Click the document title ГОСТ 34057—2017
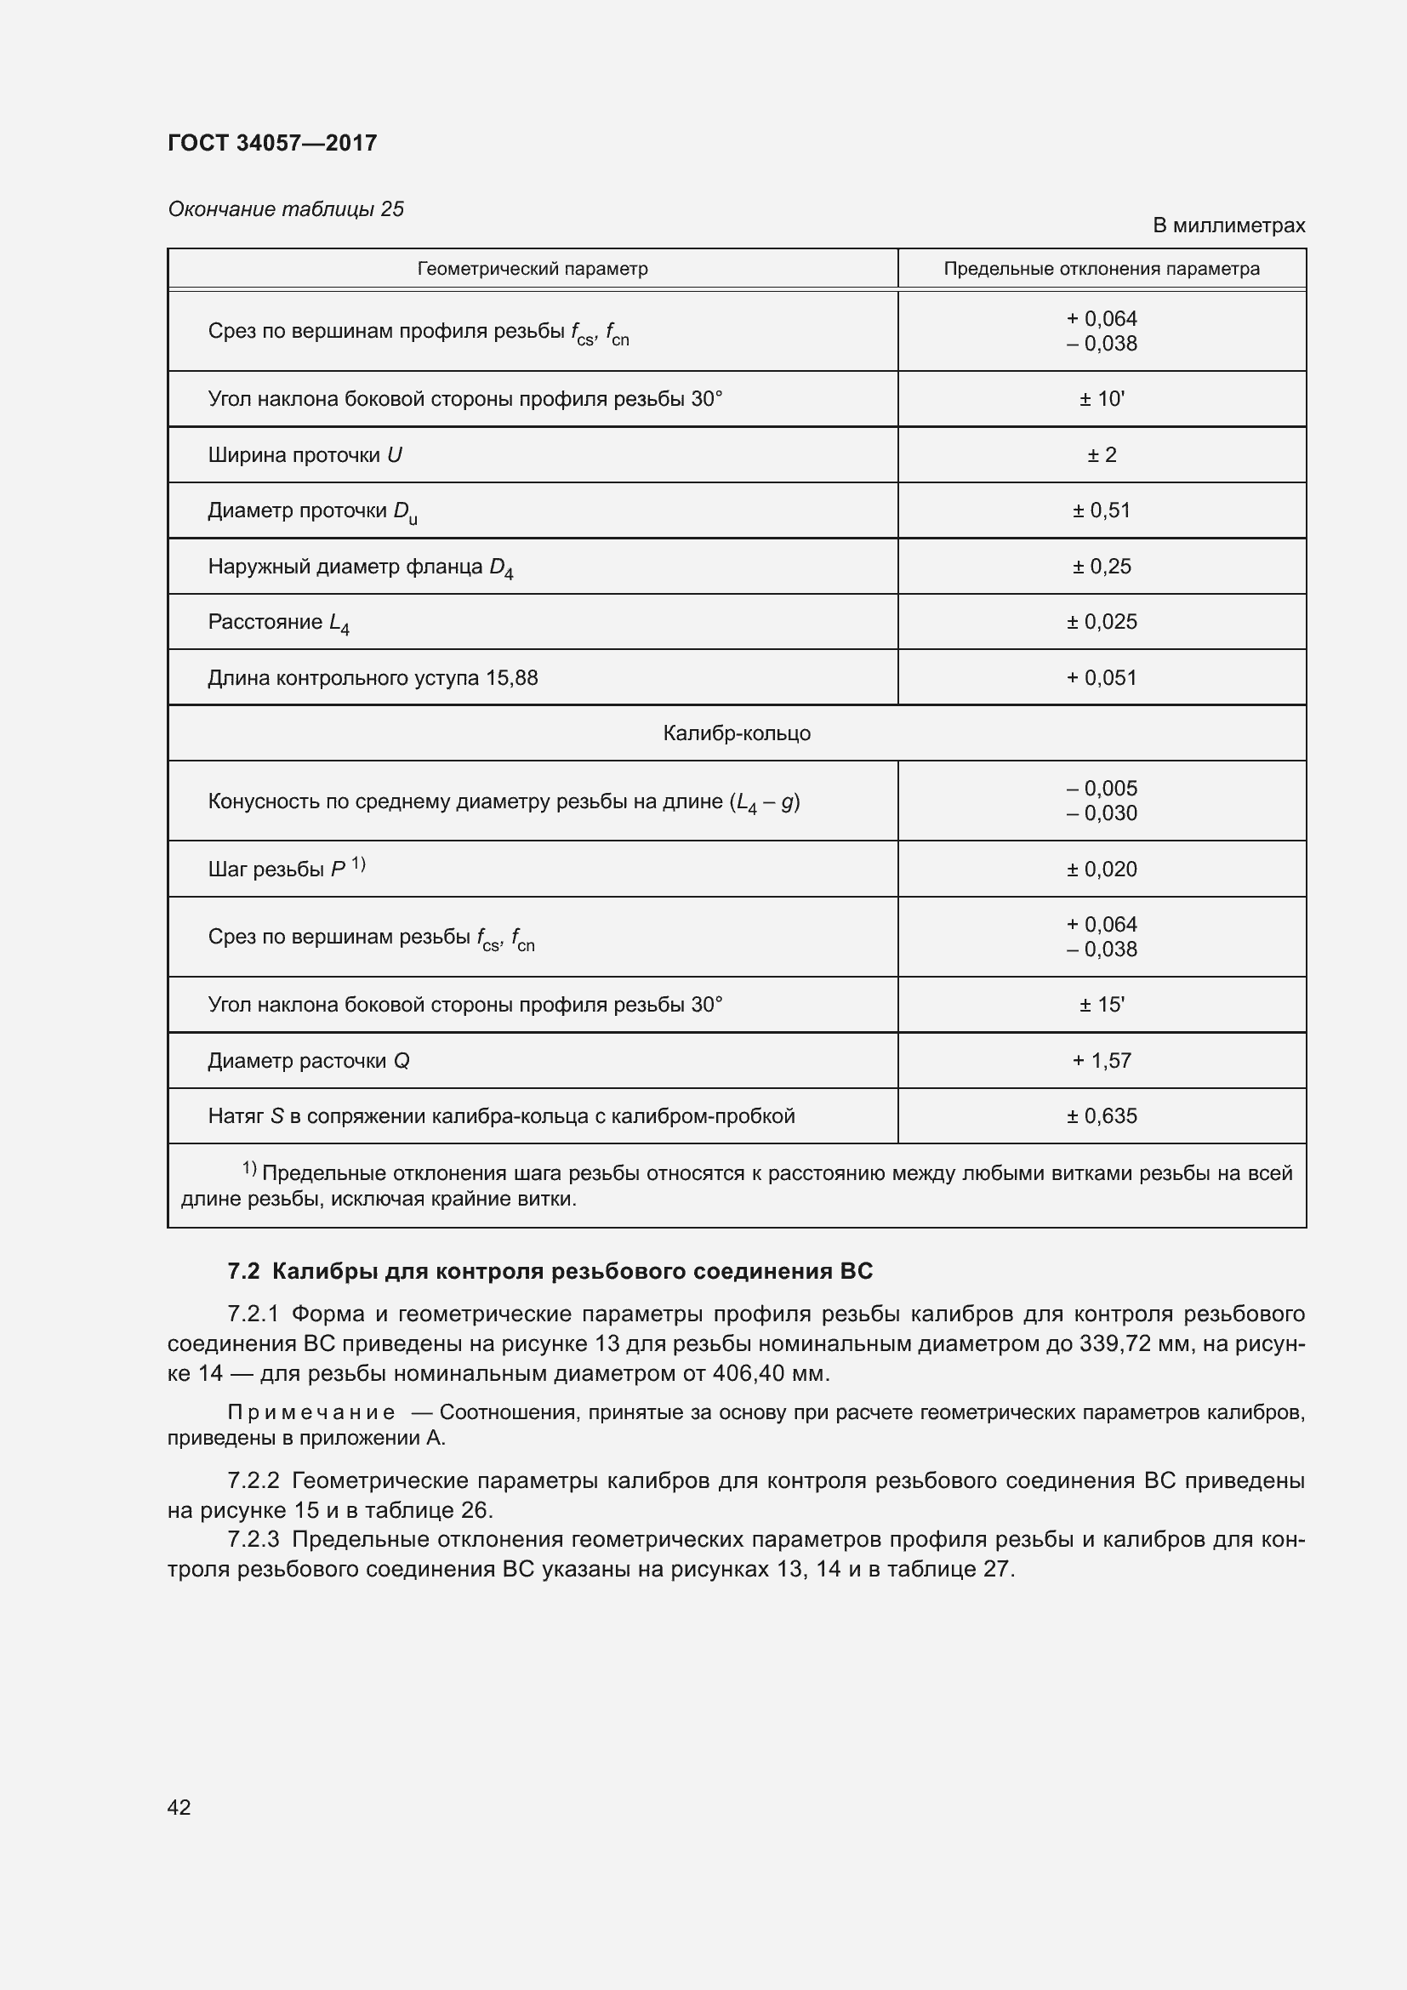[272, 143]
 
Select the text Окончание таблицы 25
[286, 209]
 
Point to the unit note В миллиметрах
[1228, 225]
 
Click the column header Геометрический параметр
[532, 269]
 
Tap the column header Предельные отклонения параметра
[1101, 269]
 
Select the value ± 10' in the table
[1101, 399]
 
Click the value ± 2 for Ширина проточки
[1101, 455]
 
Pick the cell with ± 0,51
[1101, 510]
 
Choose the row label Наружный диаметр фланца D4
[361, 567]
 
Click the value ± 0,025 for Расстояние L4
[1101, 622]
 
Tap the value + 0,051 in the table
[1101, 678]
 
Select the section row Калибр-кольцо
[737, 733]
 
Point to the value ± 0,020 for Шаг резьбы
[1101, 870]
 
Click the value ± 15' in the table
[1101, 1005]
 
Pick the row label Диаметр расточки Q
[309, 1061]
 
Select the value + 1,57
[1101, 1061]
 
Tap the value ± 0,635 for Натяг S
[1101, 1116]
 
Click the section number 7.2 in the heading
[243, 1271]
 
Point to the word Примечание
[311, 1413]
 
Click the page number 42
[179, 1808]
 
